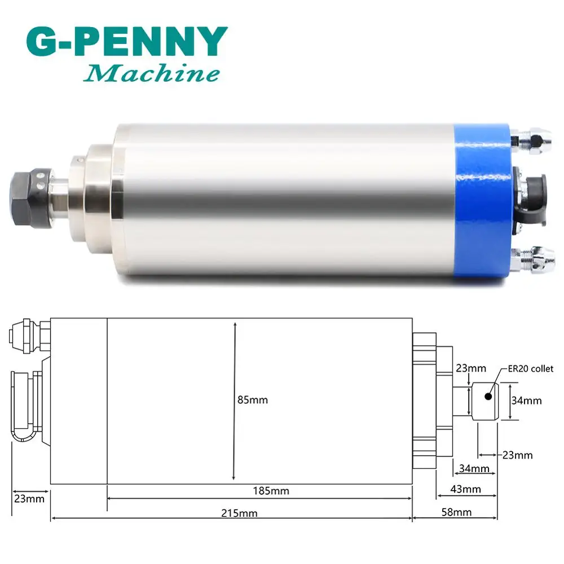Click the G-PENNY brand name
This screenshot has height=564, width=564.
click(127, 42)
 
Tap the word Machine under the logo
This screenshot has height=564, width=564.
click(151, 73)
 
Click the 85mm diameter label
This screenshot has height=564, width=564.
click(253, 400)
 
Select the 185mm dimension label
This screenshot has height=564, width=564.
click(271, 491)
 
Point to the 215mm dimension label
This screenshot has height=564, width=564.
click(239, 513)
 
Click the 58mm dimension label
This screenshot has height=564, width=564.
click(456, 512)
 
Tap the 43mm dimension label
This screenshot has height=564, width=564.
click(465, 489)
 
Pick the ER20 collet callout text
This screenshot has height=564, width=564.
click(531, 369)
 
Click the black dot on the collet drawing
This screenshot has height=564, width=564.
click(488, 396)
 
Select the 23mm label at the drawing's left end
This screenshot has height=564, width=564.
click(29, 499)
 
